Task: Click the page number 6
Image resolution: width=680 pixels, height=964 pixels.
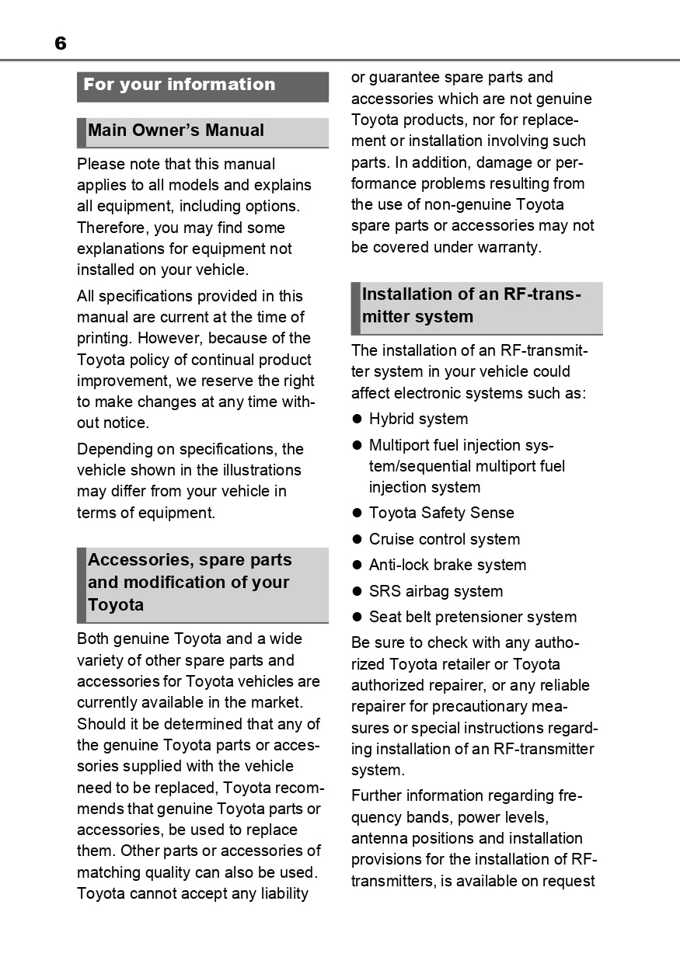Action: coord(61,44)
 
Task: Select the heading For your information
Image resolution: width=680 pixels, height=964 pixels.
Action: coord(180,85)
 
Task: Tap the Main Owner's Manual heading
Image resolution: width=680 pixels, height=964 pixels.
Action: coord(176,131)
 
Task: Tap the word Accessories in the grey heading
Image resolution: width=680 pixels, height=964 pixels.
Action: coord(140,560)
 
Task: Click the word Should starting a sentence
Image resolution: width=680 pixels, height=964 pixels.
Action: coord(102,724)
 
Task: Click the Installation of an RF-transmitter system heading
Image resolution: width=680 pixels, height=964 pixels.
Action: coord(472,305)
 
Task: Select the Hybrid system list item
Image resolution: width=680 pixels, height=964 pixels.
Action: coord(418,419)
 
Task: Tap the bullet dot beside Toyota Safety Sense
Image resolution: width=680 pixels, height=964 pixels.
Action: coord(358,513)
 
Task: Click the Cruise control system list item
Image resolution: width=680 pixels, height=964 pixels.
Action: coord(445,539)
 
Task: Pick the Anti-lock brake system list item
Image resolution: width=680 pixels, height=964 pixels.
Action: coord(448,566)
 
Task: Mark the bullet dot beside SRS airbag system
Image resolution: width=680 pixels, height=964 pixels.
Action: coord(358,592)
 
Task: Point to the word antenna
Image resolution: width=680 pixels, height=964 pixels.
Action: coord(378,839)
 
